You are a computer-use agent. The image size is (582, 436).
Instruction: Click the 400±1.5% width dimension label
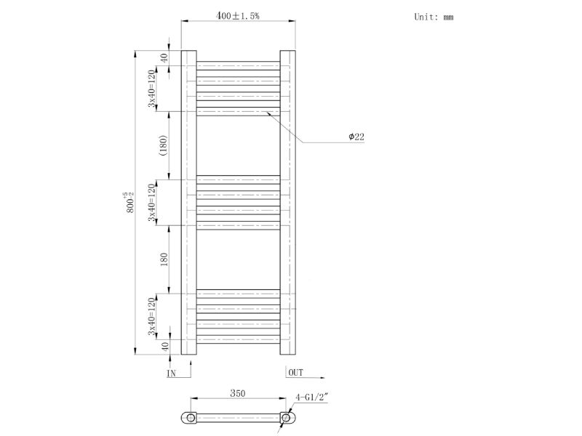[x=238, y=15]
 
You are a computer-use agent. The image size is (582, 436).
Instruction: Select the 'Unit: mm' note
[x=434, y=17]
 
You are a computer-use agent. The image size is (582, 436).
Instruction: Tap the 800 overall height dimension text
[x=129, y=203]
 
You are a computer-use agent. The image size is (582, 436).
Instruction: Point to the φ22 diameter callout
[x=356, y=137]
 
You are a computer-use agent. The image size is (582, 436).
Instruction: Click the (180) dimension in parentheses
[x=164, y=145]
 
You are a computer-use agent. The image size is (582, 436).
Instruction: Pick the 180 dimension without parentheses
[x=164, y=259]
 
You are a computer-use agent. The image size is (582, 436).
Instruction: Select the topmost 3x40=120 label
[x=151, y=88]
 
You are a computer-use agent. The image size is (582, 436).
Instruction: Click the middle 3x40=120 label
[x=151, y=203]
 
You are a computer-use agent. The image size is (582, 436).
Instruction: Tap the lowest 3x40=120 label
[x=151, y=316]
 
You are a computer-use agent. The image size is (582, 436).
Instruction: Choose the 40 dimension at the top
[x=164, y=57]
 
